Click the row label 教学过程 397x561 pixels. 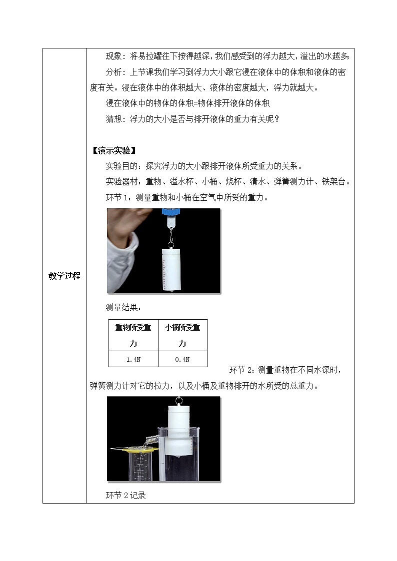click(64, 276)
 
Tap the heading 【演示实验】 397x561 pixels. click(114, 150)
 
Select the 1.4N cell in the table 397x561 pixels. click(133, 359)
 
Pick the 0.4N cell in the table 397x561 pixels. click(182, 359)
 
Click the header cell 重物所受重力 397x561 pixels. click(133, 335)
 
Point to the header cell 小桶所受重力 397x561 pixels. click(182, 335)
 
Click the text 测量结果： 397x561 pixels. click(123, 307)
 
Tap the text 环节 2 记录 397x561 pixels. click(125, 495)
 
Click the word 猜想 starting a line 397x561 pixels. click(113, 119)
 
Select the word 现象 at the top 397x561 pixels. click(113, 56)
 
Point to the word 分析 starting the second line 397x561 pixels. click(113, 72)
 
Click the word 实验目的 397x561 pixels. click(121, 166)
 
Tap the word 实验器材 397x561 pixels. click(121, 182)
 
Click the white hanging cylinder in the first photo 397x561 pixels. click(171, 269)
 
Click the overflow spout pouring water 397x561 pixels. click(151, 439)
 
